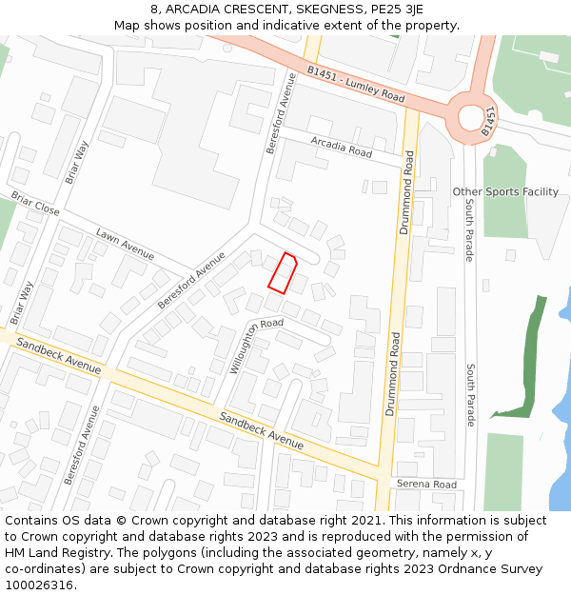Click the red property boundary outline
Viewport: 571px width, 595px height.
(x=283, y=273)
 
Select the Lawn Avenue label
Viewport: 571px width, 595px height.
(x=125, y=243)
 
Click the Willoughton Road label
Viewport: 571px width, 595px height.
(x=256, y=346)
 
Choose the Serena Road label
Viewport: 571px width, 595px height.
(x=426, y=485)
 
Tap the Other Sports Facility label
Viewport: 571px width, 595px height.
(x=505, y=191)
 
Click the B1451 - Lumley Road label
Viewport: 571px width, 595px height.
(x=356, y=84)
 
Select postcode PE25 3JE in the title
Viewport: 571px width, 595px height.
(x=395, y=9)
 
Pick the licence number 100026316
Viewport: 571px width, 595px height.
(x=39, y=585)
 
